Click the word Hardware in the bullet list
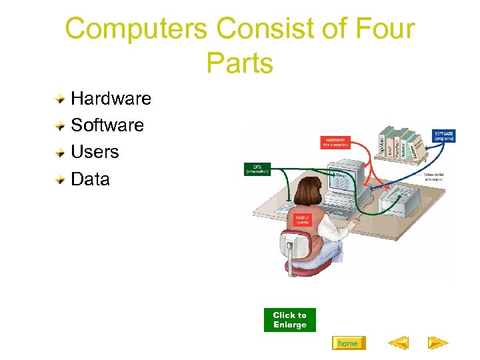pos(111,99)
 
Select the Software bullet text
pos(107,125)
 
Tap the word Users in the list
pos(95,152)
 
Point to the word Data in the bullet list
pos(90,179)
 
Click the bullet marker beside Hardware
pos(60,99)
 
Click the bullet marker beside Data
pos(60,179)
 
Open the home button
pos(348,343)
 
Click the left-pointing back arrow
pos(398,343)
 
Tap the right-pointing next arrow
pos(438,343)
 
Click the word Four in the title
pos(378,29)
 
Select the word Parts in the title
pos(239,63)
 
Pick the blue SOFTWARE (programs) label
pos(444,135)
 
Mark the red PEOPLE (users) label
pos(302,220)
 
